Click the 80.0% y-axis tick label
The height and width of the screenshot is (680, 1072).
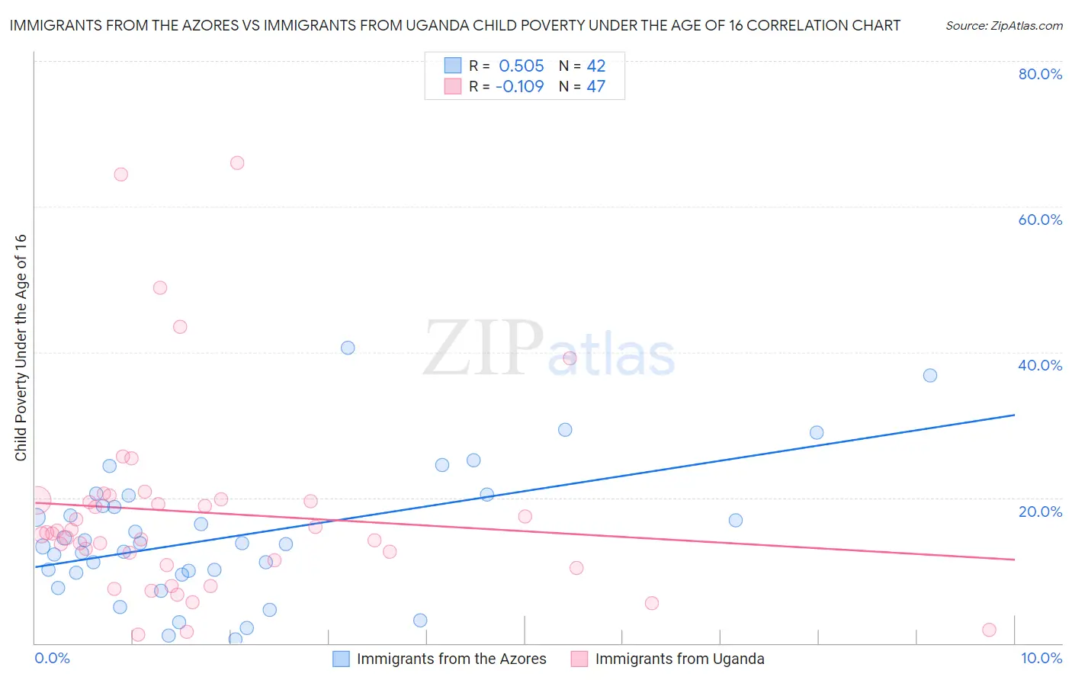point(1040,74)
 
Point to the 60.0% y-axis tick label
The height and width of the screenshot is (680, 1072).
point(1040,220)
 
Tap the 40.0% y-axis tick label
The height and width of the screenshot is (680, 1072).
point(1040,365)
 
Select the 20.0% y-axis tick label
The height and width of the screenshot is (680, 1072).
point(1040,512)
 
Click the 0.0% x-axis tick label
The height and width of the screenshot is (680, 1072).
point(53,658)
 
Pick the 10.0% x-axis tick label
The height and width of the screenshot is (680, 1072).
point(1041,658)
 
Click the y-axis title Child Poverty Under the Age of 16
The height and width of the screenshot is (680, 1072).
point(21,347)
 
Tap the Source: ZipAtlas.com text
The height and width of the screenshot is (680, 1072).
point(1003,25)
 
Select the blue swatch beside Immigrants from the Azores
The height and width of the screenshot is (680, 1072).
point(341,659)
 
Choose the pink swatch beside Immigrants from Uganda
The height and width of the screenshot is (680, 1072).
point(579,659)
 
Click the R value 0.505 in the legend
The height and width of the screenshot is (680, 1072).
point(522,66)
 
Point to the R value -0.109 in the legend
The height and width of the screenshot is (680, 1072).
point(519,86)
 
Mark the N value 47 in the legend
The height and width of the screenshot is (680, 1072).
point(595,86)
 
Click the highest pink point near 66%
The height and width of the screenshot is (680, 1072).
point(237,162)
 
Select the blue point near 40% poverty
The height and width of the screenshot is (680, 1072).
point(348,348)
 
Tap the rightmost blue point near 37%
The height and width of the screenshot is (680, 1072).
point(930,375)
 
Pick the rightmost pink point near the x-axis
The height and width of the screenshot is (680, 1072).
point(989,630)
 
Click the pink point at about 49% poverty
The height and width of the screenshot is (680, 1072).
point(160,287)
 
